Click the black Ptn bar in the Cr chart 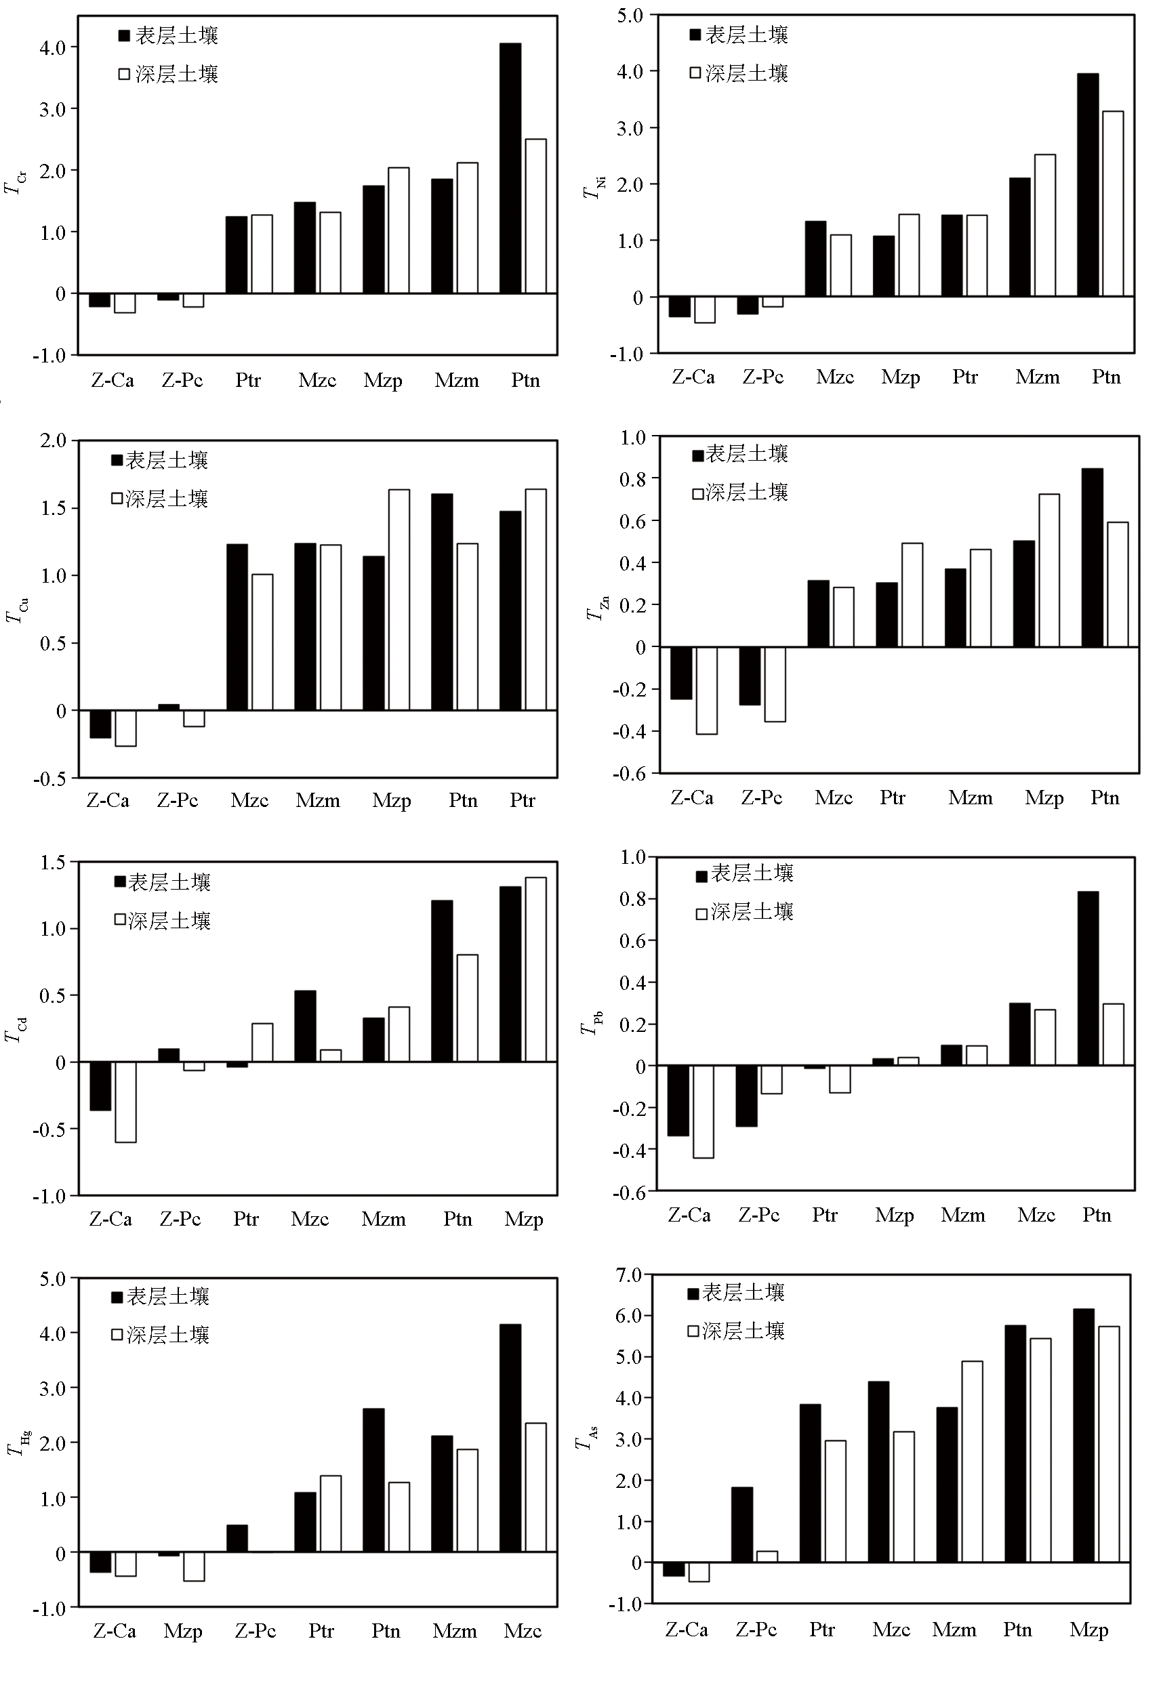tap(510, 169)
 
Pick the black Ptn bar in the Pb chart tap(1088, 978)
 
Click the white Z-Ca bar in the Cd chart tap(125, 1102)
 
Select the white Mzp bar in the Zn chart tap(1048, 570)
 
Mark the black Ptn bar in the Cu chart tap(441, 602)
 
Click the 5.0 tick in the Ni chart tap(630, 16)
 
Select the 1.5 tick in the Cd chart tap(53, 863)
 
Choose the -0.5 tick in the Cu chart tap(49, 779)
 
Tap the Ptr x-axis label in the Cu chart tap(523, 800)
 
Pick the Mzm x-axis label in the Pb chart tap(962, 1215)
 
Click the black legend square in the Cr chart tap(125, 36)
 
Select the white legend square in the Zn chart tap(697, 494)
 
